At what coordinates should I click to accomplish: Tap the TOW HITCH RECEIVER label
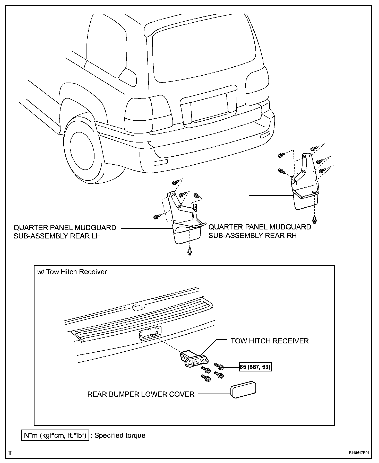point(269,341)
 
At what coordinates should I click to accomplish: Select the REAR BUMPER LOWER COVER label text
point(141,394)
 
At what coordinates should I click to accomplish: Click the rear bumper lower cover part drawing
point(243,389)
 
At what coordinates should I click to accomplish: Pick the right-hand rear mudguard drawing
point(305,190)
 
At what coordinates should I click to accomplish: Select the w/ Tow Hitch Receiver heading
point(72,272)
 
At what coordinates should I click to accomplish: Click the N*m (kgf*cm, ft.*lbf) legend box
point(55,435)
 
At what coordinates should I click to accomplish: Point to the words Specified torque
point(120,435)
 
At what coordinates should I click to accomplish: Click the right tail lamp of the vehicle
point(257,89)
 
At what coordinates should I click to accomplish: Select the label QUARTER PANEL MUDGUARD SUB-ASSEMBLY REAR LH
point(65,232)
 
